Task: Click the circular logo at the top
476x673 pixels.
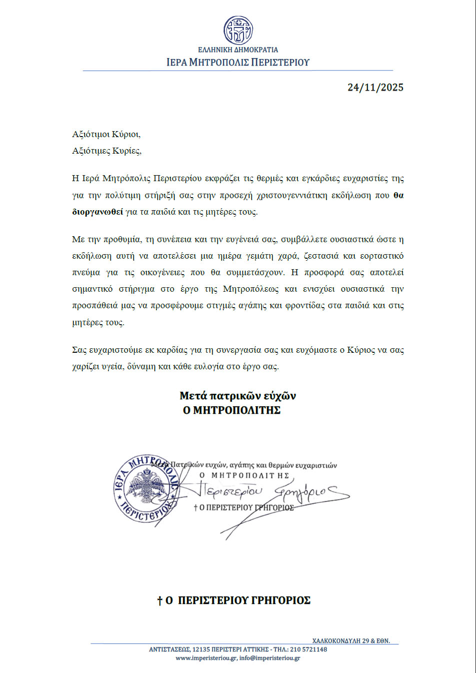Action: (238, 30)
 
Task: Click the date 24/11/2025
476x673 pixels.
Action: (375, 87)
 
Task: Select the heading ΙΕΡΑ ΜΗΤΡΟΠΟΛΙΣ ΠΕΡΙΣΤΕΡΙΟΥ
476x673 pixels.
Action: (238, 63)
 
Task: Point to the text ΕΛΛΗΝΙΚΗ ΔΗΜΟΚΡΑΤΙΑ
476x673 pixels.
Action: (238, 50)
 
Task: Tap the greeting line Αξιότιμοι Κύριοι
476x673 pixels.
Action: (106, 134)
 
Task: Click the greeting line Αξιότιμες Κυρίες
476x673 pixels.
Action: (106, 151)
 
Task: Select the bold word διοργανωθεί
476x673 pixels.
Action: (97, 212)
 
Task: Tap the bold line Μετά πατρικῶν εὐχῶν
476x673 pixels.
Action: (237, 396)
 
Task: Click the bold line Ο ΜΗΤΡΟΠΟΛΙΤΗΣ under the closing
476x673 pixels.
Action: (231, 410)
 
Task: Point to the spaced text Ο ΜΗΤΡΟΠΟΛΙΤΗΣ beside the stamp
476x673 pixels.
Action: (244, 475)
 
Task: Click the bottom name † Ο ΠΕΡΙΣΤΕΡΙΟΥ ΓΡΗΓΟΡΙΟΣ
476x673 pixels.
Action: (234, 600)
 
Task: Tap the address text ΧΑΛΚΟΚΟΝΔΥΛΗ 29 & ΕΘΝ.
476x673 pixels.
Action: (351, 640)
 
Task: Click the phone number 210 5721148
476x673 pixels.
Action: (308, 649)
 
